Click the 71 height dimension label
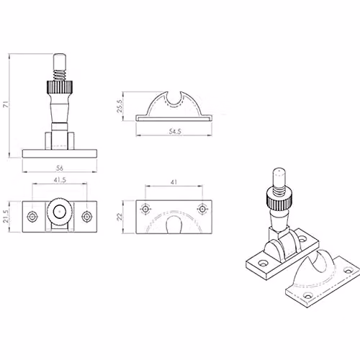click(6, 104)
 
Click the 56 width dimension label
click(60, 168)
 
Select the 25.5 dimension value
click(120, 106)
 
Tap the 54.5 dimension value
click(175, 132)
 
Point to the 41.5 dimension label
click(60, 180)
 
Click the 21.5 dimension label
click(6, 217)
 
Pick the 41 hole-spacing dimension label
click(174, 182)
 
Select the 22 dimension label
click(120, 217)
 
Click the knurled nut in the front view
click(60, 88)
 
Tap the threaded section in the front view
click(60, 75)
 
